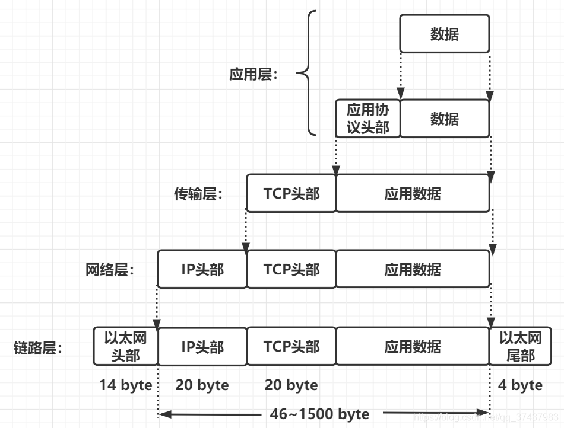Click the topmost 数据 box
click(444, 34)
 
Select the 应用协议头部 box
click(367, 118)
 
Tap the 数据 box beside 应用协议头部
click(444, 118)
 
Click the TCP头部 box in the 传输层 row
click(291, 193)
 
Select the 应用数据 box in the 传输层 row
click(413, 193)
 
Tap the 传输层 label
click(198, 194)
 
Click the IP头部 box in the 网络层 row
click(202, 269)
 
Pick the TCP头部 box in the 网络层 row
click(291, 269)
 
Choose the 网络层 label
click(110, 270)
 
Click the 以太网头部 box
click(125, 346)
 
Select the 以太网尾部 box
click(520, 346)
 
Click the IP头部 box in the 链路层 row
click(202, 346)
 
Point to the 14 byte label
click(125, 385)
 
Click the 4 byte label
click(520, 385)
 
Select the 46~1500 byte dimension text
click(319, 414)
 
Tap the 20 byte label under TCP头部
click(291, 385)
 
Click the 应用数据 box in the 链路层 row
click(413, 346)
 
